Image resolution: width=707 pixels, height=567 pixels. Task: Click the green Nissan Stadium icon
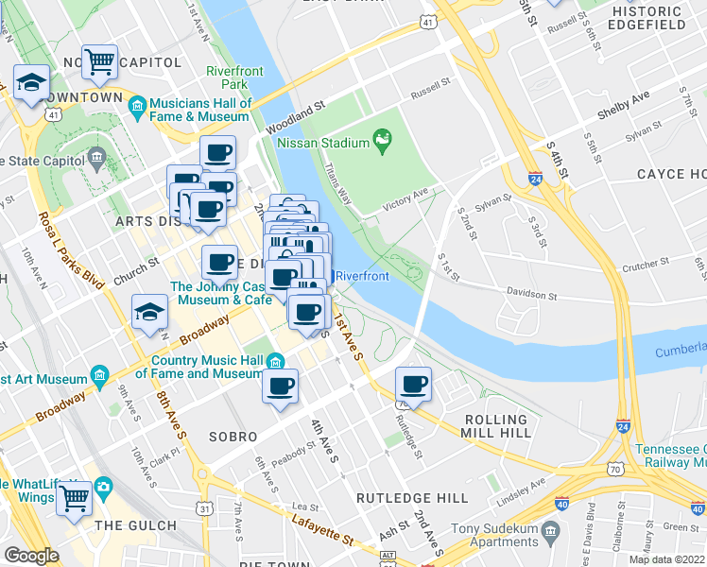(x=382, y=142)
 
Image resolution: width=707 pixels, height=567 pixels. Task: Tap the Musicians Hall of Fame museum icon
(x=137, y=103)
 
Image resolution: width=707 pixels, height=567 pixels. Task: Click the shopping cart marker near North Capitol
(x=99, y=62)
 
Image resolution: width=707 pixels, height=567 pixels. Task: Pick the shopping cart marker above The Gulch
(x=74, y=496)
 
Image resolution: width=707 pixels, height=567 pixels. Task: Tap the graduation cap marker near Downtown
(x=31, y=82)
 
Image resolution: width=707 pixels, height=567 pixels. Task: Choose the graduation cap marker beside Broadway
(x=149, y=313)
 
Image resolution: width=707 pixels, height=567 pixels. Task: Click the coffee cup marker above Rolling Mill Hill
(x=413, y=385)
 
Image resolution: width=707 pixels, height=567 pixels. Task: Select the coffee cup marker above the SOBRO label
(x=280, y=387)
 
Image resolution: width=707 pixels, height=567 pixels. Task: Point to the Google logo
(x=31, y=556)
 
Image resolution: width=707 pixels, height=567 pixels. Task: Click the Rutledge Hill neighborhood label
(x=411, y=497)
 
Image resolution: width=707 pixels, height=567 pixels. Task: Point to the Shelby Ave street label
(x=623, y=105)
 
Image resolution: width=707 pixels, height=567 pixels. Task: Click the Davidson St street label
(x=530, y=296)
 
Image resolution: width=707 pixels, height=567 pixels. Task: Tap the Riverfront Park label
(x=227, y=77)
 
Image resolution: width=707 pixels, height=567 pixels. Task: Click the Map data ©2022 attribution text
(x=666, y=559)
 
